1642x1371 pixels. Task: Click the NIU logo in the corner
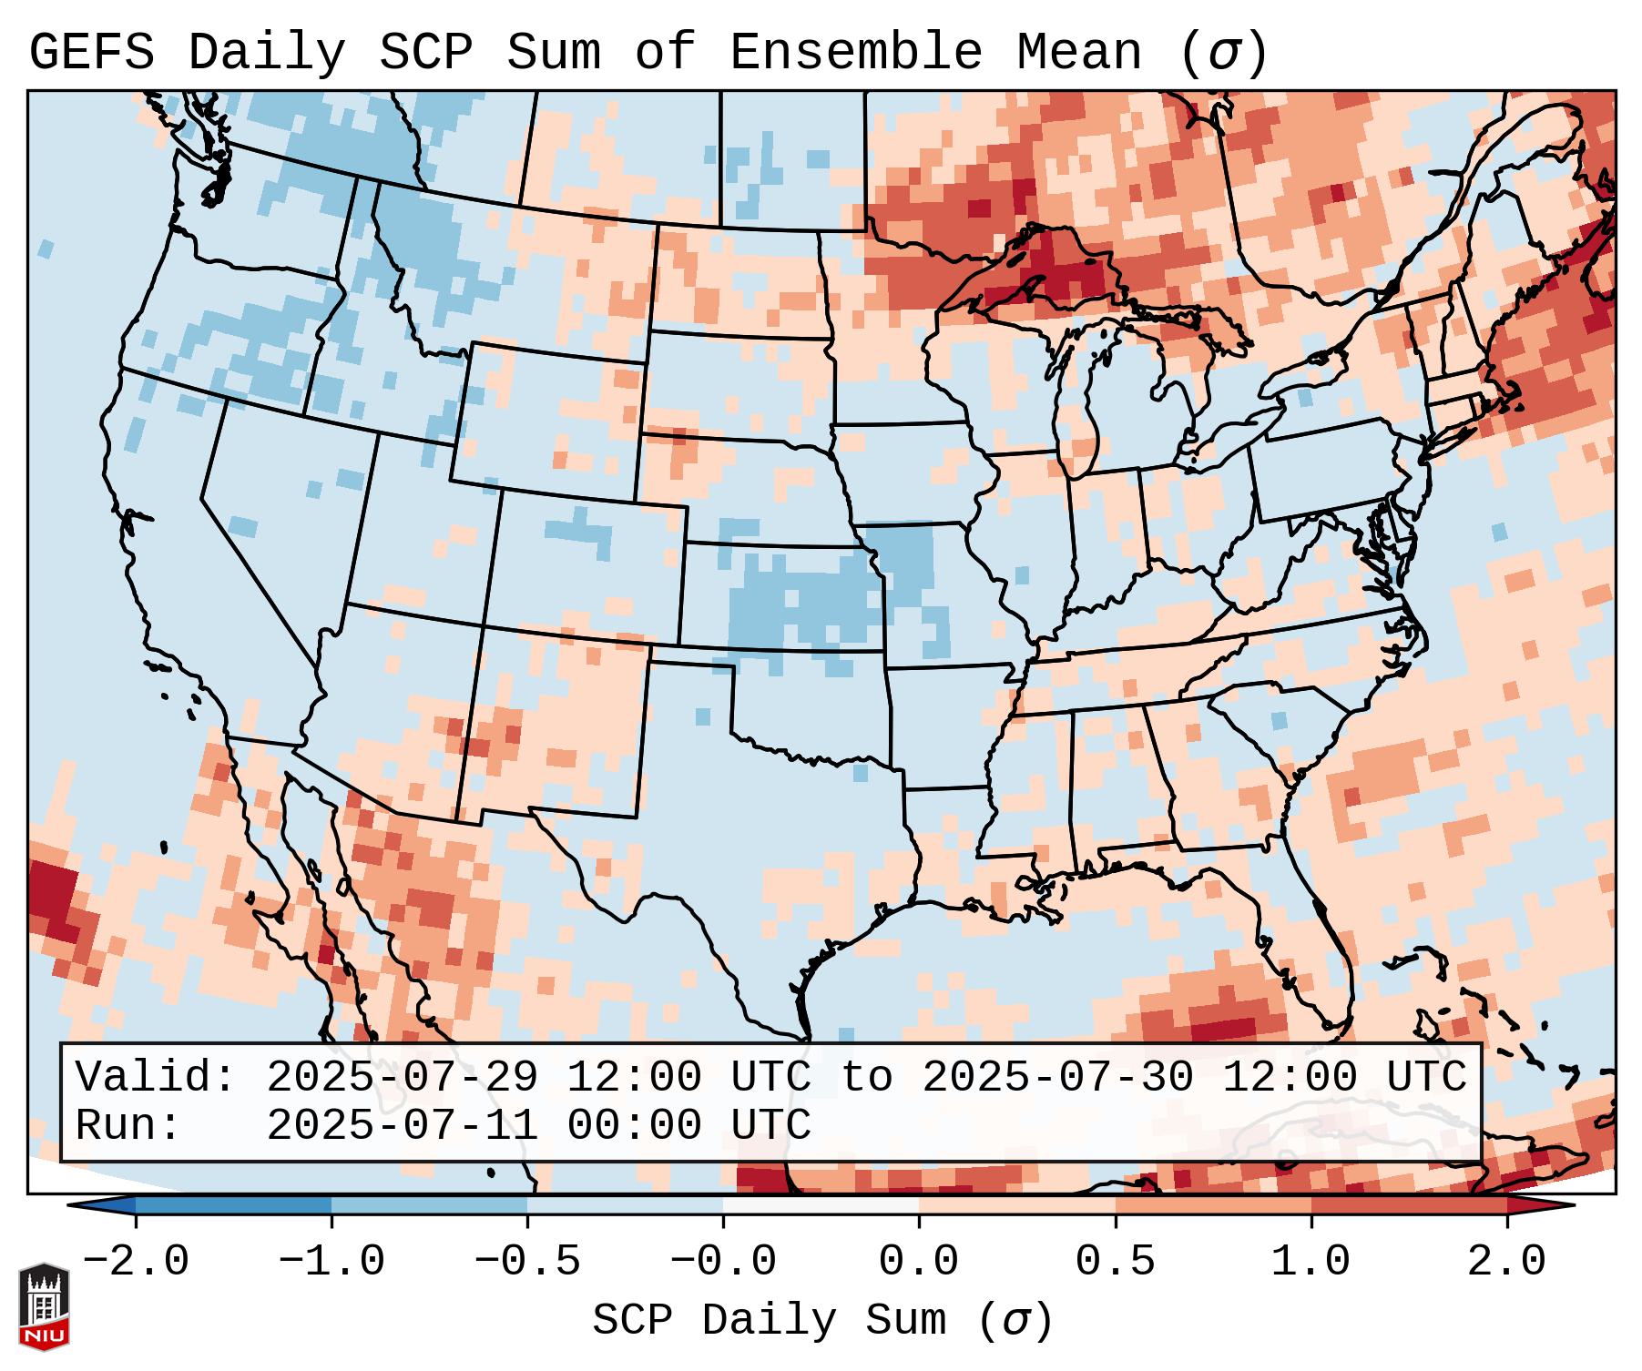tap(44, 1305)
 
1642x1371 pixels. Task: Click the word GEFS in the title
tap(91, 53)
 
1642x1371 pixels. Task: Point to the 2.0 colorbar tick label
tap(1506, 1262)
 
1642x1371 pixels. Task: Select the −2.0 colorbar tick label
tap(136, 1262)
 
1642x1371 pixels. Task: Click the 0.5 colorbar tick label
tap(1115, 1262)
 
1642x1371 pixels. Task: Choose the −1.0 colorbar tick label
tap(331, 1262)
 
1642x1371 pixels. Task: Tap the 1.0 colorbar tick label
tap(1311, 1262)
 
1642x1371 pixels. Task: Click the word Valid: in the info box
tap(156, 1077)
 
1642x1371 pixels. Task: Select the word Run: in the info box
tap(128, 1126)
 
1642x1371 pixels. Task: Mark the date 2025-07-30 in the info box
tap(1057, 1077)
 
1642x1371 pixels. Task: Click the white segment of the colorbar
tap(821, 1205)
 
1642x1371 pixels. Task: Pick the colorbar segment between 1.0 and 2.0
tap(1408, 1205)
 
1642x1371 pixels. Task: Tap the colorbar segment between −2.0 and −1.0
tap(233, 1205)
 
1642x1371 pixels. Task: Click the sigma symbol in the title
tap(1223, 53)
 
